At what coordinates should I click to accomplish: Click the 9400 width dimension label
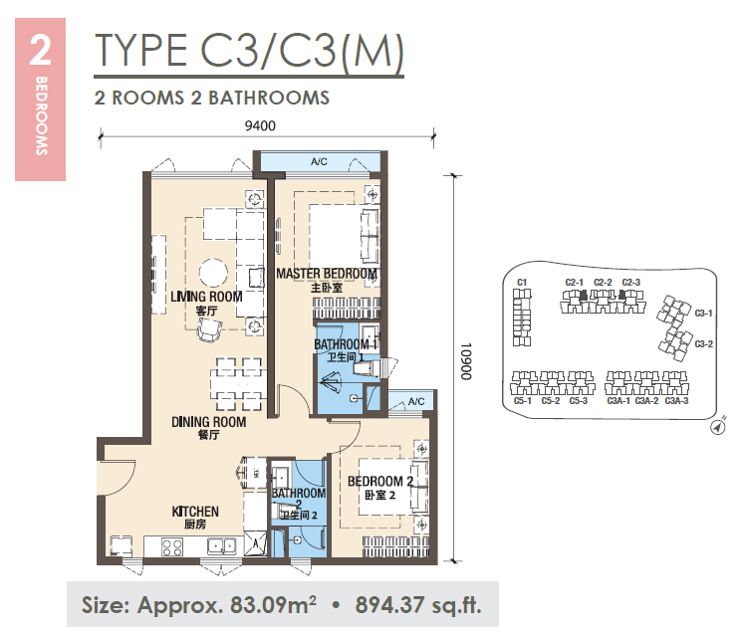pyautogui.click(x=260, y=125)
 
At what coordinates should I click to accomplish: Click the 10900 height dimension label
pyautogui.click(x=466, y=361)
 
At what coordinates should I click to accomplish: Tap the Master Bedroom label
pyautogui.click(x=327, y=274)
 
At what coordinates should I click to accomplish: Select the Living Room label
pyautogui.click(x=206, y=297)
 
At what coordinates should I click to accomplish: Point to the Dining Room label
pyautogui.click(x=208, y=422)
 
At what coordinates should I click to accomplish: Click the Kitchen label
pyautogui.click(x=195, y=512)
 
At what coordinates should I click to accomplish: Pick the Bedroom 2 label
pyautogui.click(x=380, y=482)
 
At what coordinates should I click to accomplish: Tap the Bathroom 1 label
pyautogui.click(x=346, y=344)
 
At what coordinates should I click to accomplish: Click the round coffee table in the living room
pyautogui.click(x=213, y=273)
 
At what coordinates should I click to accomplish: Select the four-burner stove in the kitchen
pyautogui.click(x=172, y=547)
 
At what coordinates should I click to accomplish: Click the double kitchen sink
pyautogui.click(x=222, y=545)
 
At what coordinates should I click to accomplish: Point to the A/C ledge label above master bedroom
pyautogui.click(x=319, y=162)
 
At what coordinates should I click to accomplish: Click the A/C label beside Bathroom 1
pyautogui.click(x=416, y=401)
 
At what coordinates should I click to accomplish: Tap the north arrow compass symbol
pyautogui.click(x=717, y=428)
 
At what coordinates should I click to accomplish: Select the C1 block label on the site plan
pyautogui.click(x=522, y=283)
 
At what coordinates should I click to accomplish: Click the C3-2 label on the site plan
pyautogui.click(x=704, y=344)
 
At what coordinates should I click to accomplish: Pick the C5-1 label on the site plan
pyautogui.click(x=523, y=401)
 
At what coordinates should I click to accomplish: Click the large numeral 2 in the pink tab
pyautogui.click(x=40, y=51)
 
